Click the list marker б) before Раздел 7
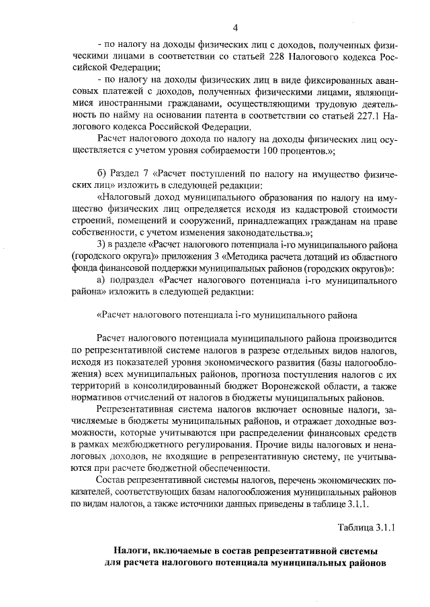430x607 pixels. pos(102,173)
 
